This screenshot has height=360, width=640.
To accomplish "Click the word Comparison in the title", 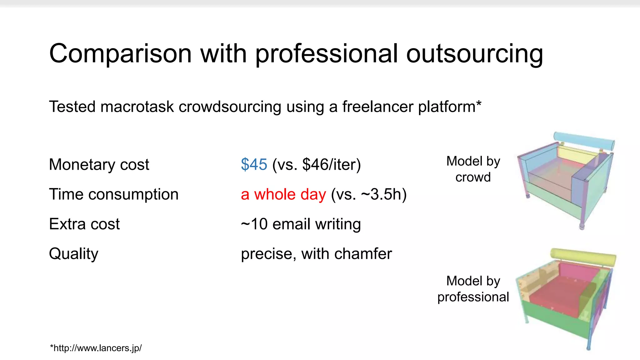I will tap(120, 54).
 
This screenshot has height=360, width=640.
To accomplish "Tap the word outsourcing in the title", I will tap(474, 54).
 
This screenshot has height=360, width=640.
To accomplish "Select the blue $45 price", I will tap(254, 164).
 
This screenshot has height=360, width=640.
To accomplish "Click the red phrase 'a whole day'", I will tap(283, 194).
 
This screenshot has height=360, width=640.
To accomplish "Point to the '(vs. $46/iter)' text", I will tap(317, 164).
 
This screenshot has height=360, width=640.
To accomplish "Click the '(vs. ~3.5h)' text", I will tap(369, 194).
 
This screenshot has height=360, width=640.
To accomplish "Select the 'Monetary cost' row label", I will tap(99, 164).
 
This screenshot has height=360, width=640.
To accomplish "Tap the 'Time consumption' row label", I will tap(114, 194).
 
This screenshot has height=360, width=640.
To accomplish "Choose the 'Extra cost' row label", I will tap(84, 224).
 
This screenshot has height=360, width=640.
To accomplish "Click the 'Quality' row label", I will tap(74, 254).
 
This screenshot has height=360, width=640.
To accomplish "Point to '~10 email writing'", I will tap(301, 224).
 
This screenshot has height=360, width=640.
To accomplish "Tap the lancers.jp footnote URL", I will tap(96, 348).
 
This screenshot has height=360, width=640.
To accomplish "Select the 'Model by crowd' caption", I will tap(473, 169).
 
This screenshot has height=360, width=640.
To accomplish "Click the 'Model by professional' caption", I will tap(473, 289).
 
